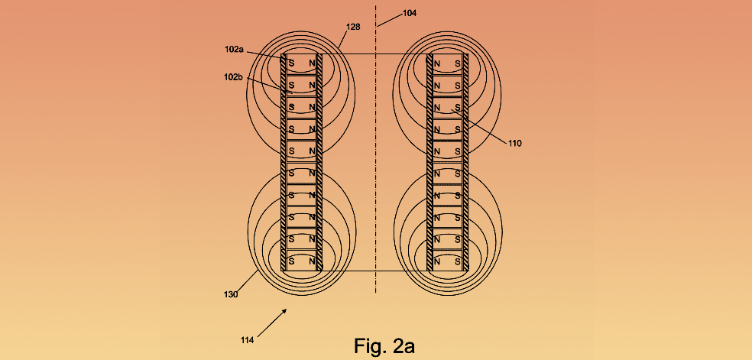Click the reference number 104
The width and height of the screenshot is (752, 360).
409,13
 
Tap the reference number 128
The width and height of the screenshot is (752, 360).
353,28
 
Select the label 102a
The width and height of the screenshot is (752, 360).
234,49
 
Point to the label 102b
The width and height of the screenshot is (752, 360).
233,76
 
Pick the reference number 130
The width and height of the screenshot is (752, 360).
231,295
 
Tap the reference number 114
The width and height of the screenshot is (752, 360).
247,340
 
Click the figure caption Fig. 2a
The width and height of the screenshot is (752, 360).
384,345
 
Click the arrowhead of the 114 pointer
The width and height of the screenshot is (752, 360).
285,310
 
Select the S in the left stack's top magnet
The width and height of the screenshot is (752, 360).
291,63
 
